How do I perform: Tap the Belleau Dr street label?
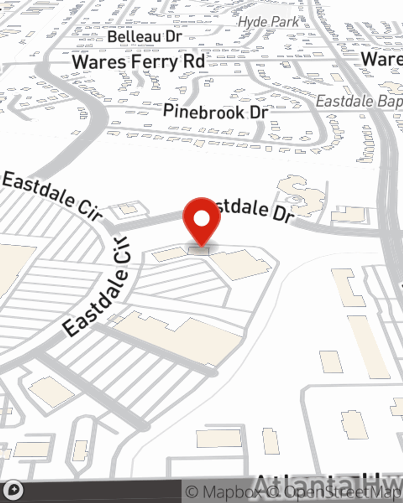click(145, 37)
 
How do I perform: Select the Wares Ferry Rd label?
click(138, 62)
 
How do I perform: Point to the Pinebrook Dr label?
click(216, 111)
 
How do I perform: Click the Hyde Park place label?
click(268, 22)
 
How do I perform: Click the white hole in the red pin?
click(201, 219)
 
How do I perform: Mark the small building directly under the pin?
click(199, 251)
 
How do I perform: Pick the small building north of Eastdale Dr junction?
click(128, 209)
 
